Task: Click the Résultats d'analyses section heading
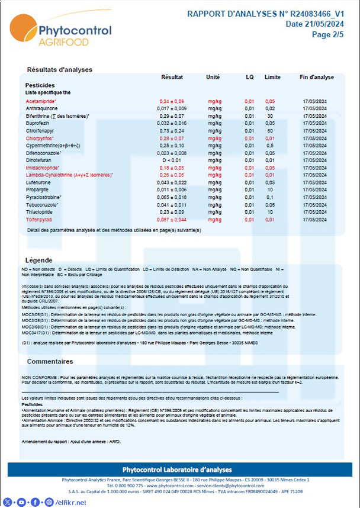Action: point(60,70)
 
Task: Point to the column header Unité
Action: point(213,78)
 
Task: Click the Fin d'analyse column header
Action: point(316,78)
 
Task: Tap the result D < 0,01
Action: point(172,160)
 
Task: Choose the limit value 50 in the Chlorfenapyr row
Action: point(270,130)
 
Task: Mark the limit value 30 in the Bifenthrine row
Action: point(270,116)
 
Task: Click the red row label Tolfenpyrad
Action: point(40,219)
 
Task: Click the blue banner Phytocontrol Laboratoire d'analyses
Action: point(180,470)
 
